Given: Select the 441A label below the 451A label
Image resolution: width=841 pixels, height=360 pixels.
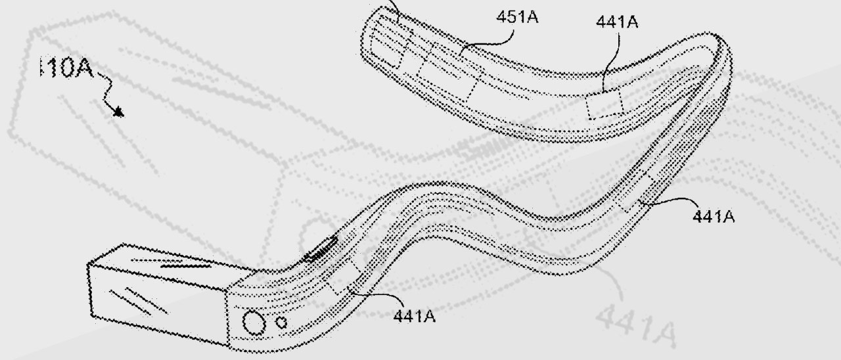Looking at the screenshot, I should tap(617, 22).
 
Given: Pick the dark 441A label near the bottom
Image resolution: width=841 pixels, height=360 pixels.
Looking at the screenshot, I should tap(415, 316).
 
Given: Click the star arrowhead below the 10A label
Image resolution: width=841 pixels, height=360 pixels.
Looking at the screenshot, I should tap(118, 112).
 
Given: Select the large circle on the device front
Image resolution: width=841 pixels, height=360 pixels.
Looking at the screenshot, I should tap(253, 323).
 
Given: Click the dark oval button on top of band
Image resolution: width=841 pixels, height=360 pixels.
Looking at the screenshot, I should tap(322, 250).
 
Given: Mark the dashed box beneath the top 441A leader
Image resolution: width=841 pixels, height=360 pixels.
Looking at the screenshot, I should tap(605, 105).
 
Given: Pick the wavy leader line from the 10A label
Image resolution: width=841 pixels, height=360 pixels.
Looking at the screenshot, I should tap(105, 88).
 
